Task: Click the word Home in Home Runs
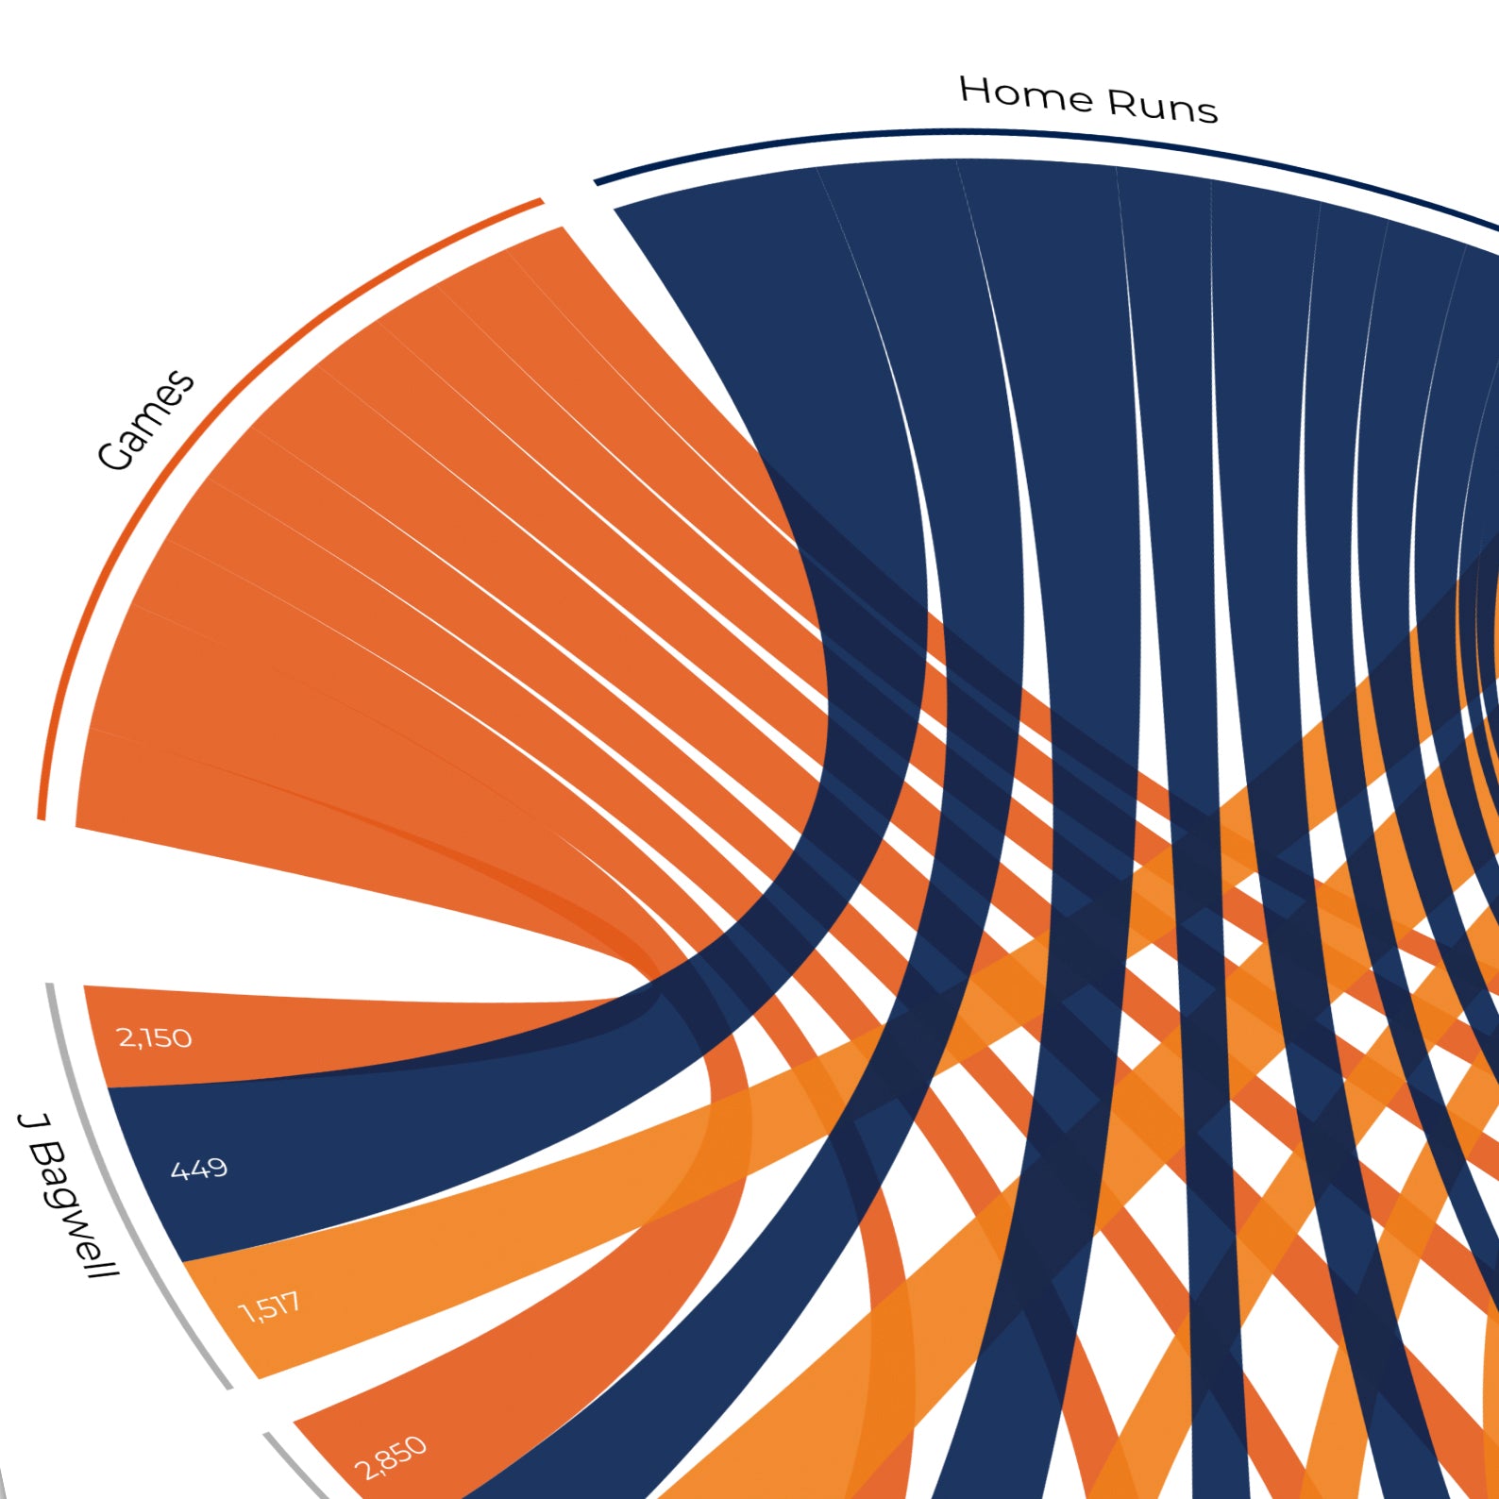(1026, 93)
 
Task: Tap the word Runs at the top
(1162, 107)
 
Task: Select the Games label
(146, 420)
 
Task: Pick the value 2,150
(154, 1038)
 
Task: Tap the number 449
(199, 1170)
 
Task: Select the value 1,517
(270, 1308)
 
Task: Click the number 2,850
(390, 1458)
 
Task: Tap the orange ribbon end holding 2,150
(283, 1034)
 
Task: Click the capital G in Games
(115, 455)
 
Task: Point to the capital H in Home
(975, 90)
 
